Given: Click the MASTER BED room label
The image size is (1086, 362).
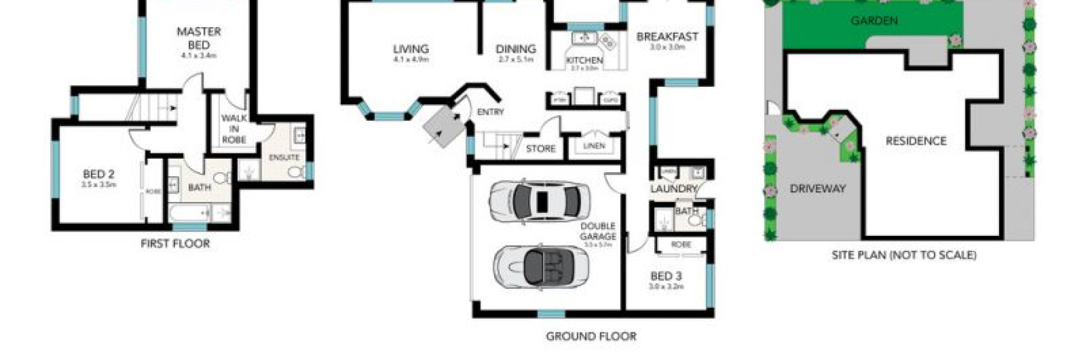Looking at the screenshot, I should coord(198,38).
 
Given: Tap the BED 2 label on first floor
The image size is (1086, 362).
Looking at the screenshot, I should coord(98,174).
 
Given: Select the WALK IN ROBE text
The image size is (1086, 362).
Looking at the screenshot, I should coord(233,129).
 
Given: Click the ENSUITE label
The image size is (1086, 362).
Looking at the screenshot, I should coord(284,157).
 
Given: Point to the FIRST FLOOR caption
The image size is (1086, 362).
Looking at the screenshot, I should coord(175,244).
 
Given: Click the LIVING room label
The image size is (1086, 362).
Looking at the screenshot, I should coord(411,49).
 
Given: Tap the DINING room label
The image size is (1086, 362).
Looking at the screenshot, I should coord(516,49).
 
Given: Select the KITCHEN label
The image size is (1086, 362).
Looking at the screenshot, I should coord(584,60).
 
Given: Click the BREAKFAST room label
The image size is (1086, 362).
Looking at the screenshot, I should coord(667,37).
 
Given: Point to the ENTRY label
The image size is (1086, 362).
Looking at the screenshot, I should coord(490,112).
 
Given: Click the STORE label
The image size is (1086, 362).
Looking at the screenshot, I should coord(541,148).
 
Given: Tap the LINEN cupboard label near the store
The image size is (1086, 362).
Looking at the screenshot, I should coord(594,146).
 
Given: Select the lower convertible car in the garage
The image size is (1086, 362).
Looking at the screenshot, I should coord(541,265).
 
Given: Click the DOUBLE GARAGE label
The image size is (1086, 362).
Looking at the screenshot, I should coord(598,232).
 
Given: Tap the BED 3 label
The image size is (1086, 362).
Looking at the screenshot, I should coord(666,276).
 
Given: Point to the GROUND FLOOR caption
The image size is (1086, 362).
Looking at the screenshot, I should coord(591,337).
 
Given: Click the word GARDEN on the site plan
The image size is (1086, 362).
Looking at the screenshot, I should coord(874,21).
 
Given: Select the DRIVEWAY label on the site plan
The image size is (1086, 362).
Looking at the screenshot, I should coord(818,189).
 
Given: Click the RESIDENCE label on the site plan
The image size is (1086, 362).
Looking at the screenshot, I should coord(915,141).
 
